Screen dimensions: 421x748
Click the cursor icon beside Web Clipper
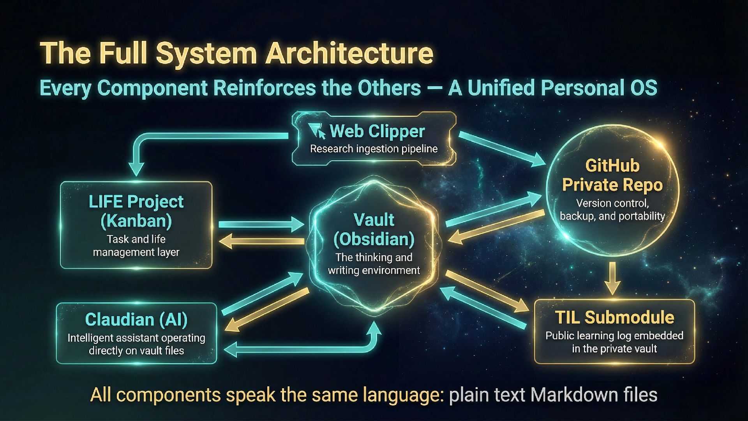(317, 131)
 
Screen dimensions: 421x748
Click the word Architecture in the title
(349, 53)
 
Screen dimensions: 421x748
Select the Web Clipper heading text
(377, 131)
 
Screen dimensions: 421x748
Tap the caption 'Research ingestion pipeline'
(374, 149)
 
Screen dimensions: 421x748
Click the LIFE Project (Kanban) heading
(136, 211)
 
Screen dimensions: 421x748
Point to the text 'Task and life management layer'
(136, 246)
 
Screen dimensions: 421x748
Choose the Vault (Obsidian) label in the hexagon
(374, 229)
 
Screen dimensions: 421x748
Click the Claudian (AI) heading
(136, 320)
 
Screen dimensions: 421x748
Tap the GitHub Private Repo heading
(612, 175)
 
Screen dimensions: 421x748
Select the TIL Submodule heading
(614, 317)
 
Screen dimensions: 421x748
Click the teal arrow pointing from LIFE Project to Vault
(261, 225)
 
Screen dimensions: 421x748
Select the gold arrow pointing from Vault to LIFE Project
(261, 242)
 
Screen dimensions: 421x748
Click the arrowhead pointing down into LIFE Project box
(136, 170)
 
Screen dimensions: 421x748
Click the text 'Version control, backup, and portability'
(612, 209)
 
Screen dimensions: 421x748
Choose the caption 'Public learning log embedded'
(614, 336)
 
